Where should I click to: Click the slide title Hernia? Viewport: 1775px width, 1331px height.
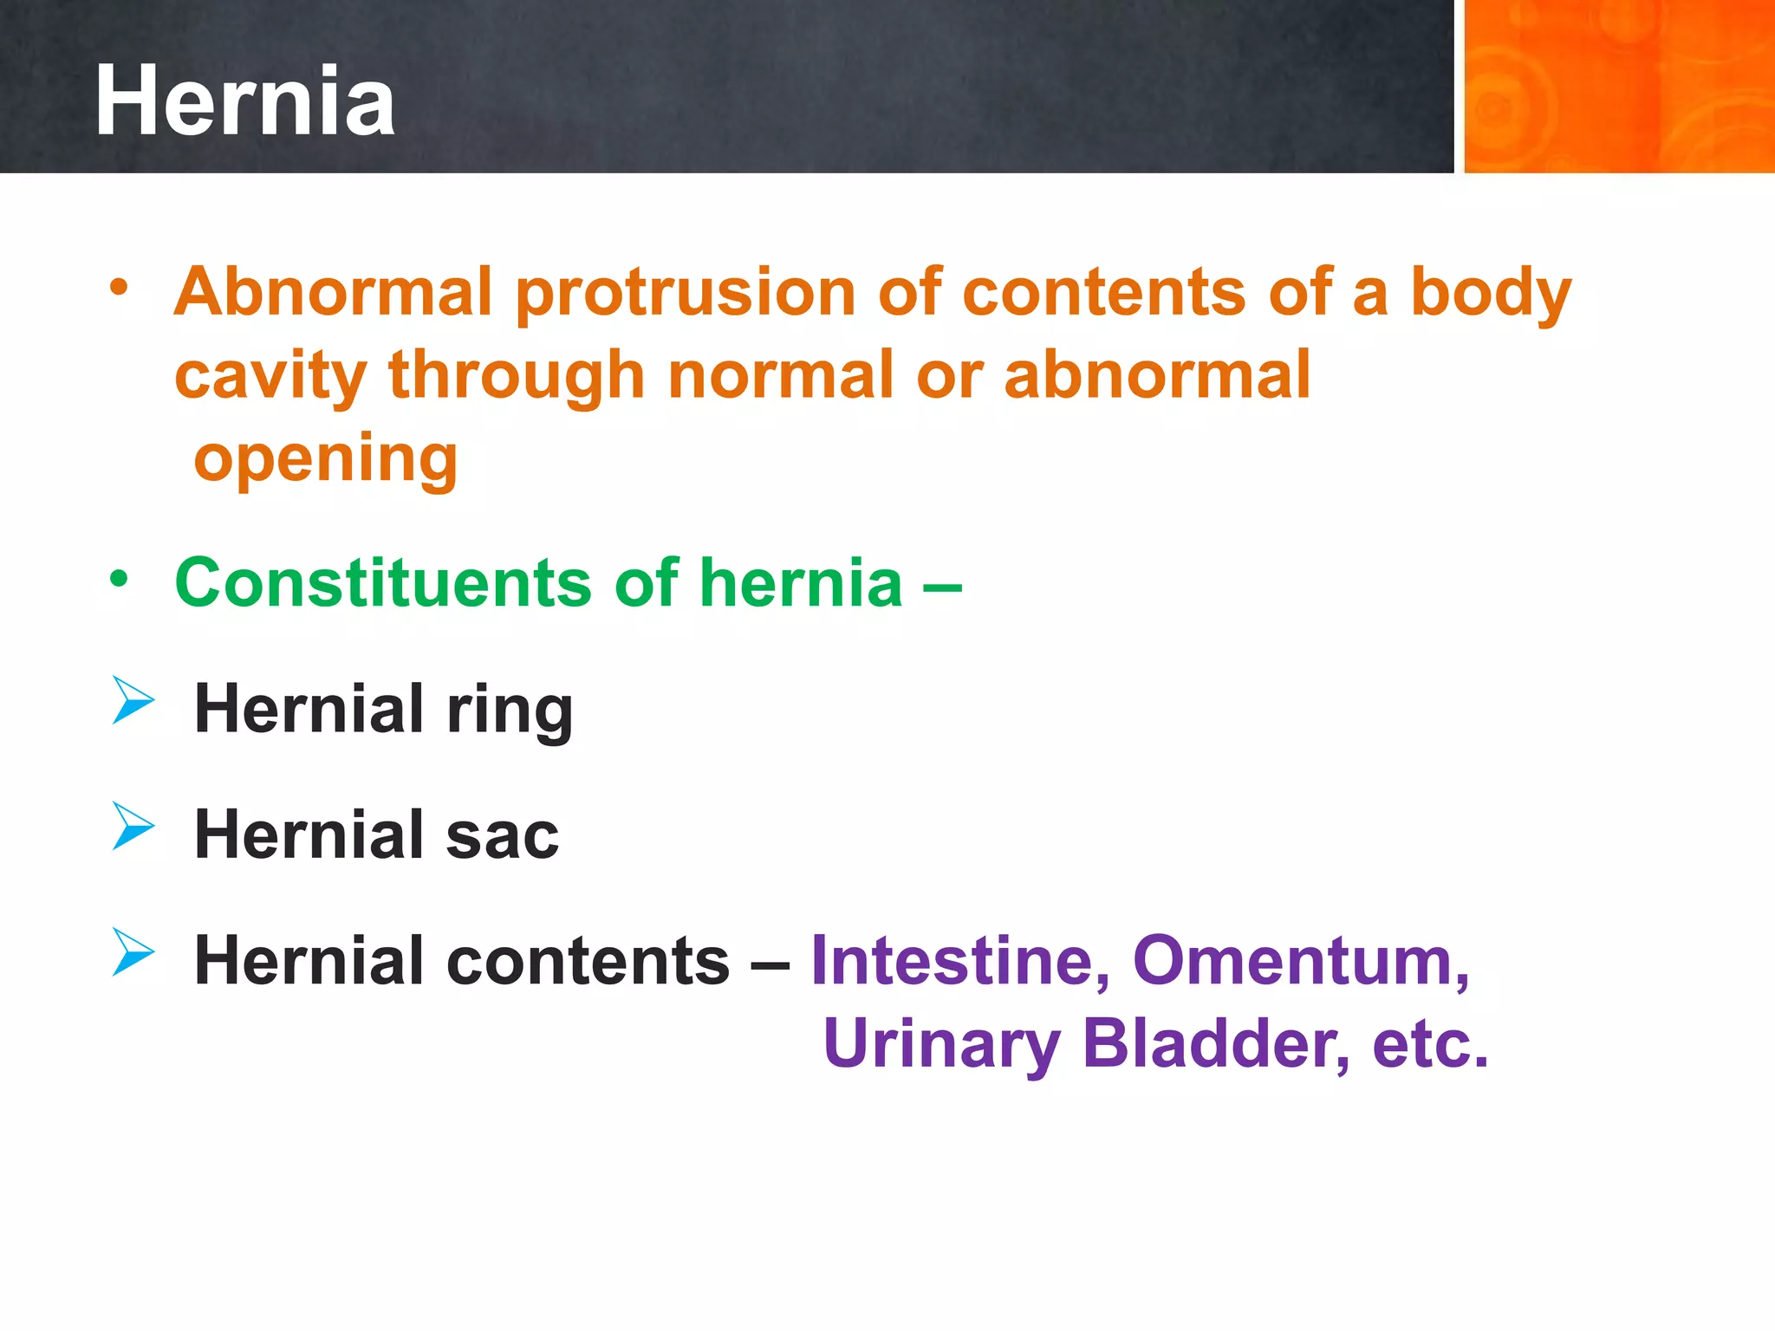pos(244,101)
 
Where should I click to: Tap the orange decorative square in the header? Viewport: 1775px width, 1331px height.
pos(1617,86)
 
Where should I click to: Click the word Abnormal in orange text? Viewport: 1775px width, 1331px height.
pos(334,292)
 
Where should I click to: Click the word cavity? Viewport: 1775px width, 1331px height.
pos(270,378)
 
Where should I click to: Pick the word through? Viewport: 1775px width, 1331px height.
pos(517,378)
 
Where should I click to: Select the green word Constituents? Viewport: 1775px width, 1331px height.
pos(383,582)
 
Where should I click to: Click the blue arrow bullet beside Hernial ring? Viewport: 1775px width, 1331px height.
pos(133,700)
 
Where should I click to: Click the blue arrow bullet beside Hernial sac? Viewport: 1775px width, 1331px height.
pos(133,825)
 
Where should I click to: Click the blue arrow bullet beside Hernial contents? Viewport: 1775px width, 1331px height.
pos(133,951)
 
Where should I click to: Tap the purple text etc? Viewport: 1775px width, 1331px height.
pos(1430,1044)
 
